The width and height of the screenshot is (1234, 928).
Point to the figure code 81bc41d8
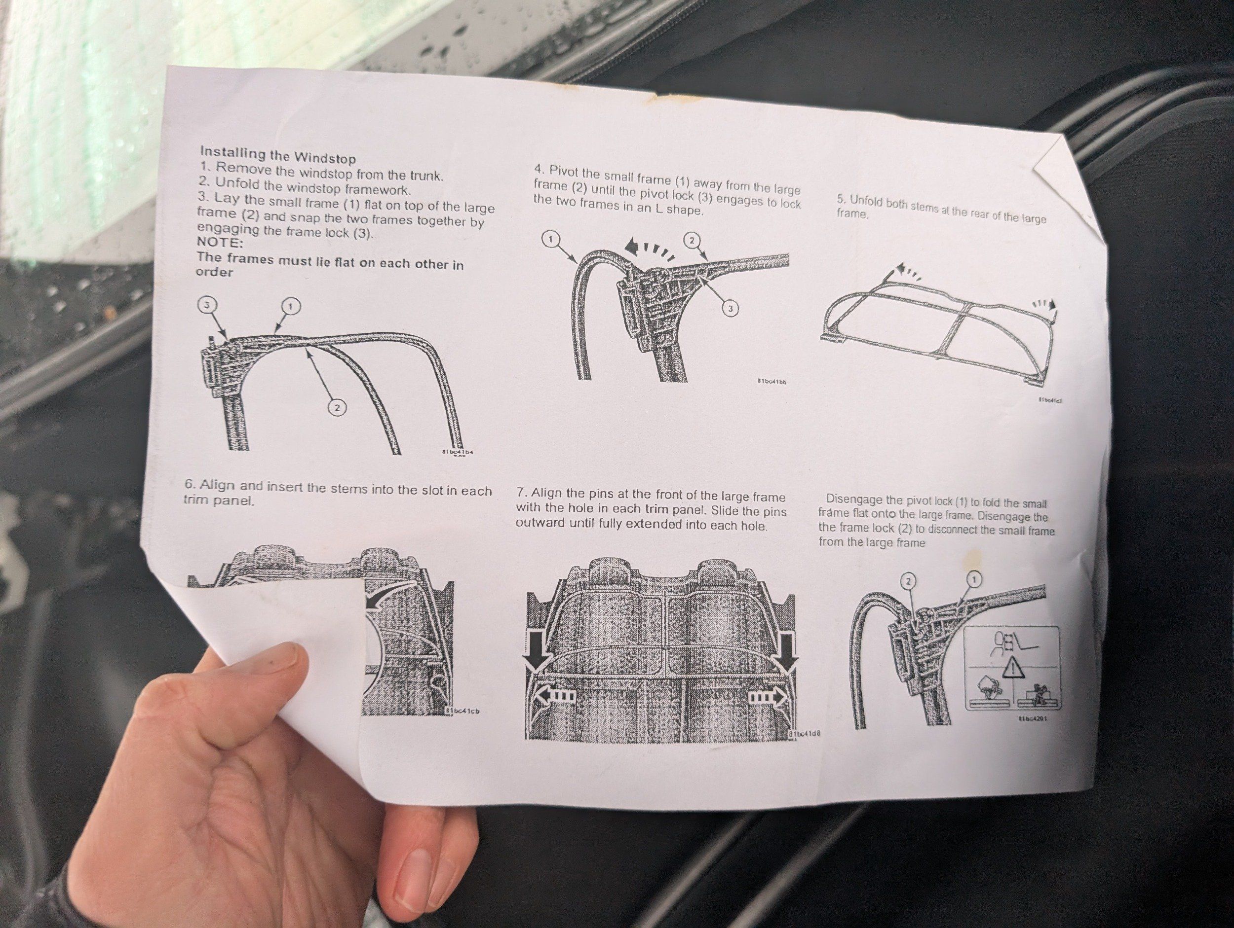(x=805, y=734)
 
